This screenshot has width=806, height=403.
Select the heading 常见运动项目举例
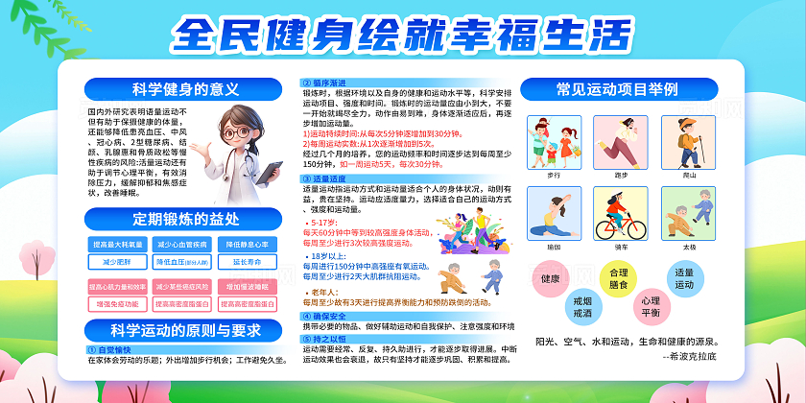pos(617,89)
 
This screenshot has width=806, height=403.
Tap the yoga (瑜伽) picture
pos(553,213)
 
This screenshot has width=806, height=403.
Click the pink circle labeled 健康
pos(550,279)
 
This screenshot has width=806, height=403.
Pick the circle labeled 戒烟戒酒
pos(581,306)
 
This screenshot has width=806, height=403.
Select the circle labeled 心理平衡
pos(650,307)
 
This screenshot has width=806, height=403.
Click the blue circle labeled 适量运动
pos(684,278)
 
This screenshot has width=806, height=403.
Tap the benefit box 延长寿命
pos(248,261)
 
